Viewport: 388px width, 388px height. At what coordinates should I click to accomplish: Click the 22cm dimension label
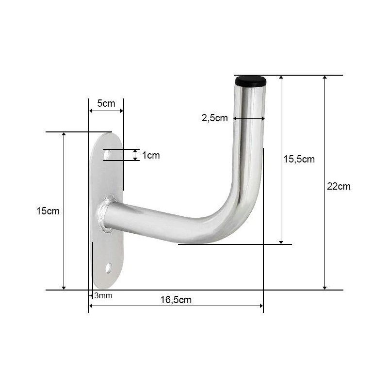click(x=339, y=186)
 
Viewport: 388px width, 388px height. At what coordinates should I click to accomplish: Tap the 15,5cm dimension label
click(x=299, y=159)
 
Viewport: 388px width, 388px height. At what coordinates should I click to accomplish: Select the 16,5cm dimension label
click(x=176, y=300)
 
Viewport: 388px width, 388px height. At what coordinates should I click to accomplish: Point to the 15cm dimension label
click(x=48, y=211)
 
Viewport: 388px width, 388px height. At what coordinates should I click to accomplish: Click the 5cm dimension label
click(x=106, y=103)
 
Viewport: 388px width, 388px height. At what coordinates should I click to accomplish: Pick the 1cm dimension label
click(x=150, y=155)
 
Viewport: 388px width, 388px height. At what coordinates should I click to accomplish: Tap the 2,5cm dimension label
click(x=214, y=118)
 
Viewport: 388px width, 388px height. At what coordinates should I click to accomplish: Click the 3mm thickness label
click(x=103, y=295)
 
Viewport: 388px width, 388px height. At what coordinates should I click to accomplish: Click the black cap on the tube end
click(x=252, y=81)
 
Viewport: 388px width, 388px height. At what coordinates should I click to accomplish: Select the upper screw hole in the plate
click(x=107, y=155)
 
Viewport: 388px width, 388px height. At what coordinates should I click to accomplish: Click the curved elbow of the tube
click(x=238, y=213)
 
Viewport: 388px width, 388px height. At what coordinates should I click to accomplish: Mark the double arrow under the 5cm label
click(x=106, y=111)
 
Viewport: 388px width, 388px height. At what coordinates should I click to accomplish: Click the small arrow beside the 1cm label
click(x=135, y=155)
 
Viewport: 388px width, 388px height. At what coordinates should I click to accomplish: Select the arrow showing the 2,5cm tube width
click(x=248, y=118)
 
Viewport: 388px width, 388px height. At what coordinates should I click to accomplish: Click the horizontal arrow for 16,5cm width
click(x=176, y=306)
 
